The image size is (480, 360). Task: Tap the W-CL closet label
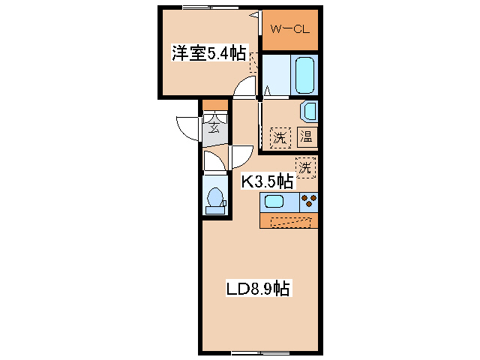[289, 31]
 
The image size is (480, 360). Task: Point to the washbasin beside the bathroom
[310, 112]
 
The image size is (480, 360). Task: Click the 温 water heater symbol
[307, 137]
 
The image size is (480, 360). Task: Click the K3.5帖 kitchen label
[266, 181]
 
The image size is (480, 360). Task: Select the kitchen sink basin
[273, 202]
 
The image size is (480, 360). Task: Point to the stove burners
[308, 201]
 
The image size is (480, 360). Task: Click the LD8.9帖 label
[259, 287]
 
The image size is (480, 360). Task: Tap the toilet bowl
[215, 199]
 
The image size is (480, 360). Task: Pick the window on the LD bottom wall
[253, 352]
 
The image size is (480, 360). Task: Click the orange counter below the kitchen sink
[289, 221]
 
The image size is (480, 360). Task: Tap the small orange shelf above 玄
[214, 105]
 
